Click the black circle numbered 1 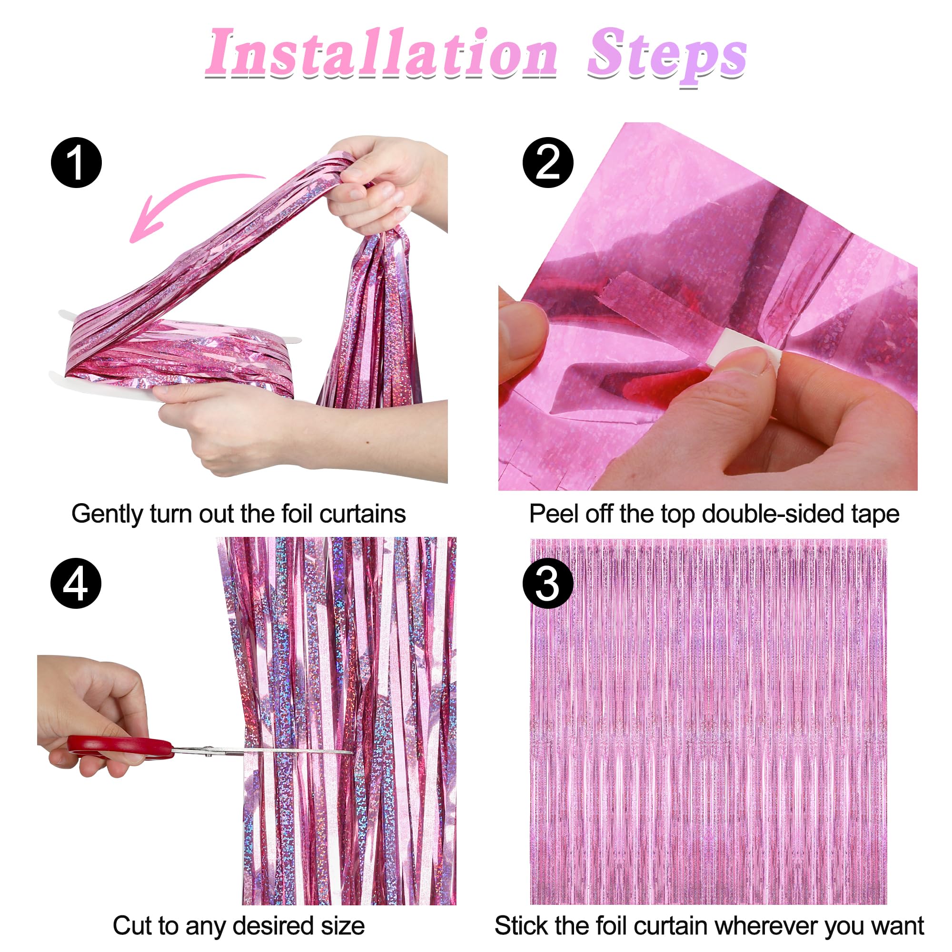point(76,163)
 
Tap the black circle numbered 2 point(547,163)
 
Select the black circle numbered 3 point(547,584)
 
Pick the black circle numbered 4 point(76,584)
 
